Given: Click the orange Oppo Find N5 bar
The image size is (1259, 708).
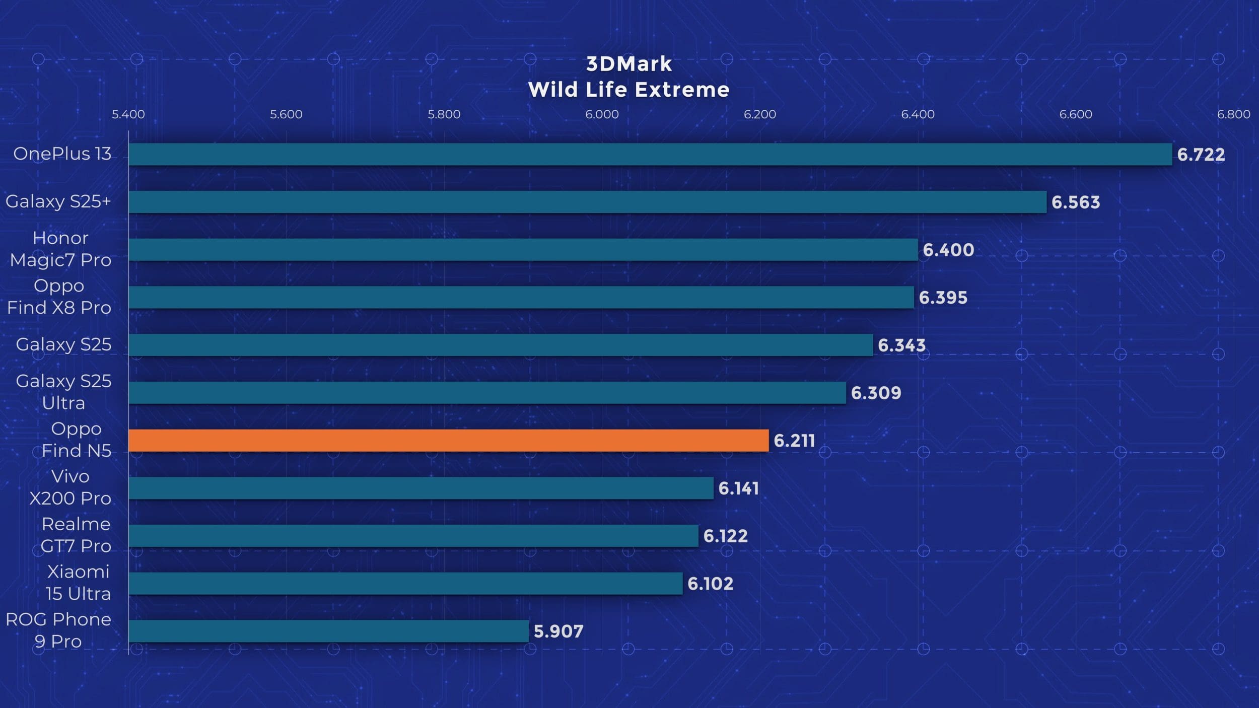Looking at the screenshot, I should pyautogui.click(x=448, y=441).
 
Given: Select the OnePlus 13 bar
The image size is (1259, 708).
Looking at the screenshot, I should pyautogui.click(x=650, y=154).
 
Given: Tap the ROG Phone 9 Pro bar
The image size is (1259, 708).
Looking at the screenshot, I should pyautogui.click(x=328, y=631).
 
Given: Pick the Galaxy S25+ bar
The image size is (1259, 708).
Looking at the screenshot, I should pyautogui.click(x=587, y=202).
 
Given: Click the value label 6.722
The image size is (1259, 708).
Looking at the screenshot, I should pyautogui.click(x=1201, y=155).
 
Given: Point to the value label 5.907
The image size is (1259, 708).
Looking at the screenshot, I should pyautogui.click(x=558, y=631).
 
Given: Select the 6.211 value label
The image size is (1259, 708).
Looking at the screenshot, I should pyautogui.click(x=794, y=441).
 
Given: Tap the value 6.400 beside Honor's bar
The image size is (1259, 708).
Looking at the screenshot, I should pyautogui.click(x=948, y=250).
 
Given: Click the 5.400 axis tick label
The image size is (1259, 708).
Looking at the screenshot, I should pyautogui.click(x=128, y=114).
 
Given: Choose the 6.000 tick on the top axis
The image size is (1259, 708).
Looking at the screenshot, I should pyautogui.click(x=602, y=114).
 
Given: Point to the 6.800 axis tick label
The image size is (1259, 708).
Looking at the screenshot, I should pyautogui.click(x=1233, y=114).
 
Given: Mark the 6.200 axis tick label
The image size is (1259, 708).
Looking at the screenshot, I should pyautogui.click(x=759, y=114).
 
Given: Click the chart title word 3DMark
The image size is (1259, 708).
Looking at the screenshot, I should pyautogui.click(x=629, y=64).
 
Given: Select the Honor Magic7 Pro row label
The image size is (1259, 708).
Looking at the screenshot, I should pyautogui.click(x=60, y=249).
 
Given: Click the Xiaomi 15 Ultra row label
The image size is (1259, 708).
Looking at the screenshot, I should pyautogui.click(x=78, y=583).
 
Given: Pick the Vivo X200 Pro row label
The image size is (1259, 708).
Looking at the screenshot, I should pyautogui.click(x=70, y=487).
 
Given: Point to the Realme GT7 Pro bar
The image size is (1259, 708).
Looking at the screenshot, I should pyautogui.click(x=413, y=536).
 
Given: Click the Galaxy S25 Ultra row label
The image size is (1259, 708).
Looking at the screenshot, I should pyautogui.click(x=63, y=392).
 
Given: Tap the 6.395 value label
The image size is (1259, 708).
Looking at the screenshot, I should pyautogui.click(x=943, y=298).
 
